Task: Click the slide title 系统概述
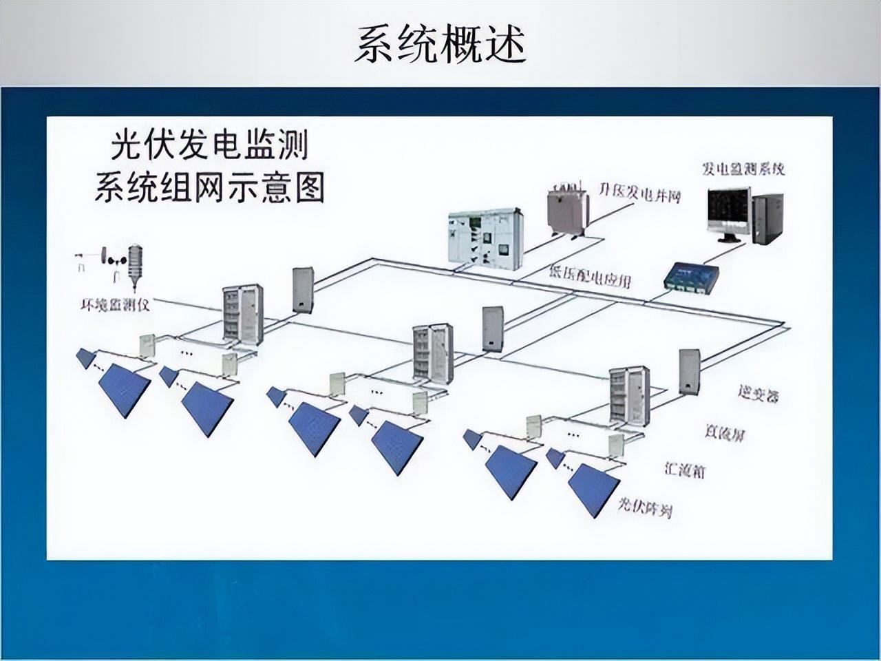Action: pyautogui.click(x=440, y=45)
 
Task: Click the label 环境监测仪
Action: pyautogui.click(x=114, y=304)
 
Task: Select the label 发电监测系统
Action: pyautogui.click(x=743, y=169)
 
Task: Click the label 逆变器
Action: pyautogui.click(x=757, y=395)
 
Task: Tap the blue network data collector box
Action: pyautogui.click(x=690, y=277)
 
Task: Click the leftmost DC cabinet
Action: pyautogui.click(x=242, y=313)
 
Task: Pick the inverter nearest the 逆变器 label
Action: pyautogui.click(x=689, y=372)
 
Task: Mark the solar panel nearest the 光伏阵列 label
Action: pyautogui.click(x=594, y=490)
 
